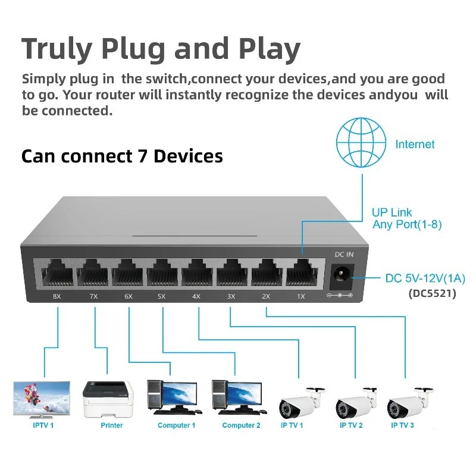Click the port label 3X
[231, 296]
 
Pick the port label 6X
[128, 296]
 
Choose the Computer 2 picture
[237, 397]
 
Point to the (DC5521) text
[432, 293]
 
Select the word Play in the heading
[269, 51]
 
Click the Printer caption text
[112, 425]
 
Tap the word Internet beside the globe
[415, 144]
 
